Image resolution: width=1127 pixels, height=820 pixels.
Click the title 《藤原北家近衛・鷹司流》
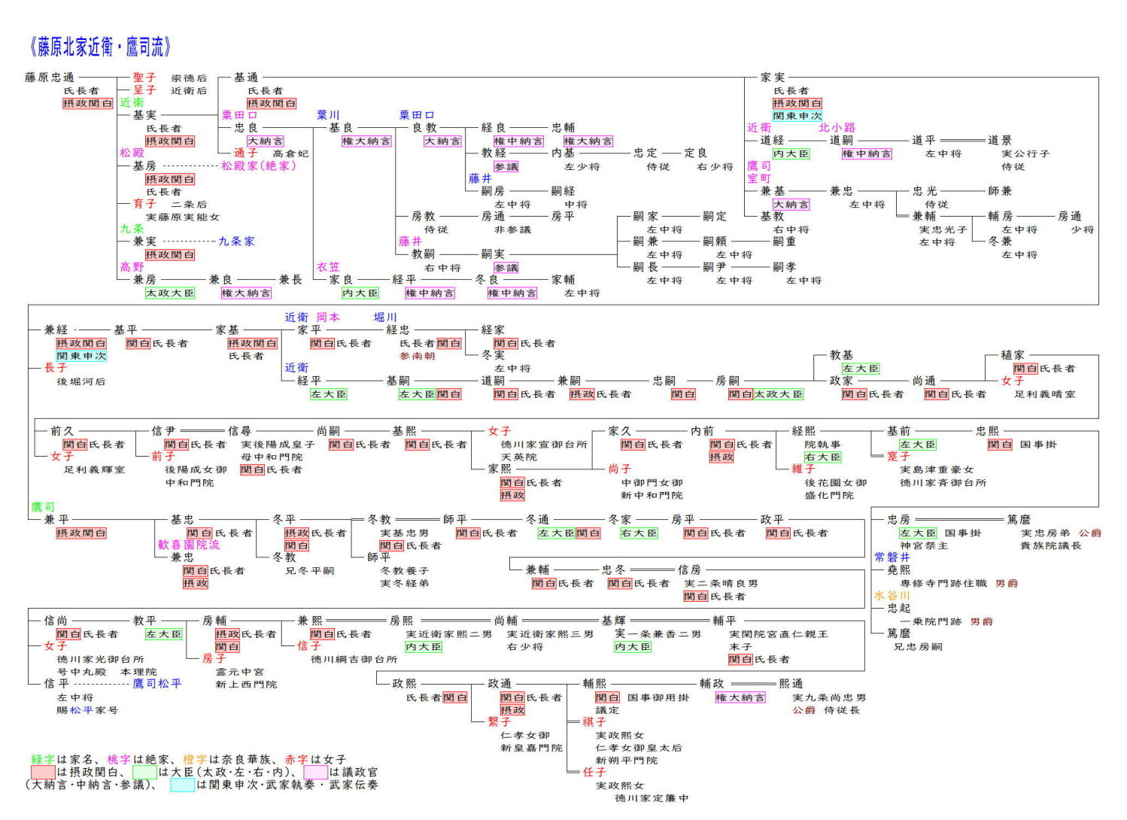[101, 47]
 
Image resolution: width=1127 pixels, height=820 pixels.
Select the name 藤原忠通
[50, 77]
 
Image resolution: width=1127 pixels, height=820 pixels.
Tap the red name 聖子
[144, 77]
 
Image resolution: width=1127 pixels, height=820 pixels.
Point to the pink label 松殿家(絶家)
[258, 166]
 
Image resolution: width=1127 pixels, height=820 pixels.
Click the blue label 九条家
[236, 241]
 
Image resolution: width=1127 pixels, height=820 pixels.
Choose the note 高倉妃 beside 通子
[290, 153]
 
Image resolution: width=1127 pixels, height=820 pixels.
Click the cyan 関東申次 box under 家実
[797, 116]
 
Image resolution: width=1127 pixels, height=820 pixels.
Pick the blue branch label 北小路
[837, 128]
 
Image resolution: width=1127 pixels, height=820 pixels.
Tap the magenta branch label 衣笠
[328, 267]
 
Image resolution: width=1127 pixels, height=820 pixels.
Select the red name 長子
[56, 368]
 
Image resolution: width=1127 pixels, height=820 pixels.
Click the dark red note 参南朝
[417, 356]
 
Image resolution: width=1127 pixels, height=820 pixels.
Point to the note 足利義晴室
[1045, 394]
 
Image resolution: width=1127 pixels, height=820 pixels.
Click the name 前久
[62, 431]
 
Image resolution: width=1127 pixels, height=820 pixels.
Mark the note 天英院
[519, 457]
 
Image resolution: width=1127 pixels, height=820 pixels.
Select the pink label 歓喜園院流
[189, 545]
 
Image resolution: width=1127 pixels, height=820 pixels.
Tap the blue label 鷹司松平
[157, 684]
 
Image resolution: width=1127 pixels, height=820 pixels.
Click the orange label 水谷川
[892, 596]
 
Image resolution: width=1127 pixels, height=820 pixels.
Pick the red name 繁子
[499, 722]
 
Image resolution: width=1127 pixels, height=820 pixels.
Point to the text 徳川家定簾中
[652, 798]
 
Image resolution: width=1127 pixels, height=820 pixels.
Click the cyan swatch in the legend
[182, 785]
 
